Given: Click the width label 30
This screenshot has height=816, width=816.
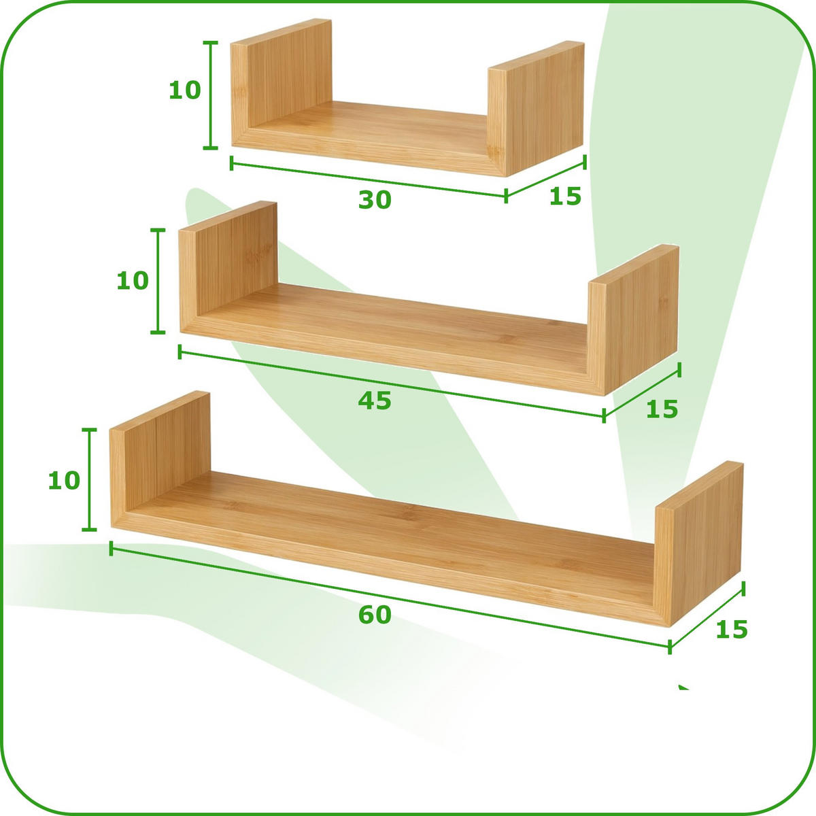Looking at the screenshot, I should tap(375, 200).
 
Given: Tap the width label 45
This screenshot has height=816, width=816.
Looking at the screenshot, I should tap(375, 401).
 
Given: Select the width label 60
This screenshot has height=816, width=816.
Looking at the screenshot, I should tap(375, 615).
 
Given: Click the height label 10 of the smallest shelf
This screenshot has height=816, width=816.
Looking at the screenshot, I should tap(185, 90).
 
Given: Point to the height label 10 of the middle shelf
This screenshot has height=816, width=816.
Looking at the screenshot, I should tap(133, 280).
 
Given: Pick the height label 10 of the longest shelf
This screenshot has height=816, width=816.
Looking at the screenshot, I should tap(65, 481).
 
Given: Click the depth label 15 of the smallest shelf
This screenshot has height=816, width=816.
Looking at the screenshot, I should tap(566, 197).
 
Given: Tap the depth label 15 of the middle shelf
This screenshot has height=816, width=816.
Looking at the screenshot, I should tap(662, 409).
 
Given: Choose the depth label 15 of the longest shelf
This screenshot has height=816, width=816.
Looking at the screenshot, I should tap(732, 630).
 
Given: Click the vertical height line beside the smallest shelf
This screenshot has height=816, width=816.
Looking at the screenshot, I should tap(211, 95).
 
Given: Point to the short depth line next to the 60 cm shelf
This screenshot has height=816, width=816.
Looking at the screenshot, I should tap(707, 615).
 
